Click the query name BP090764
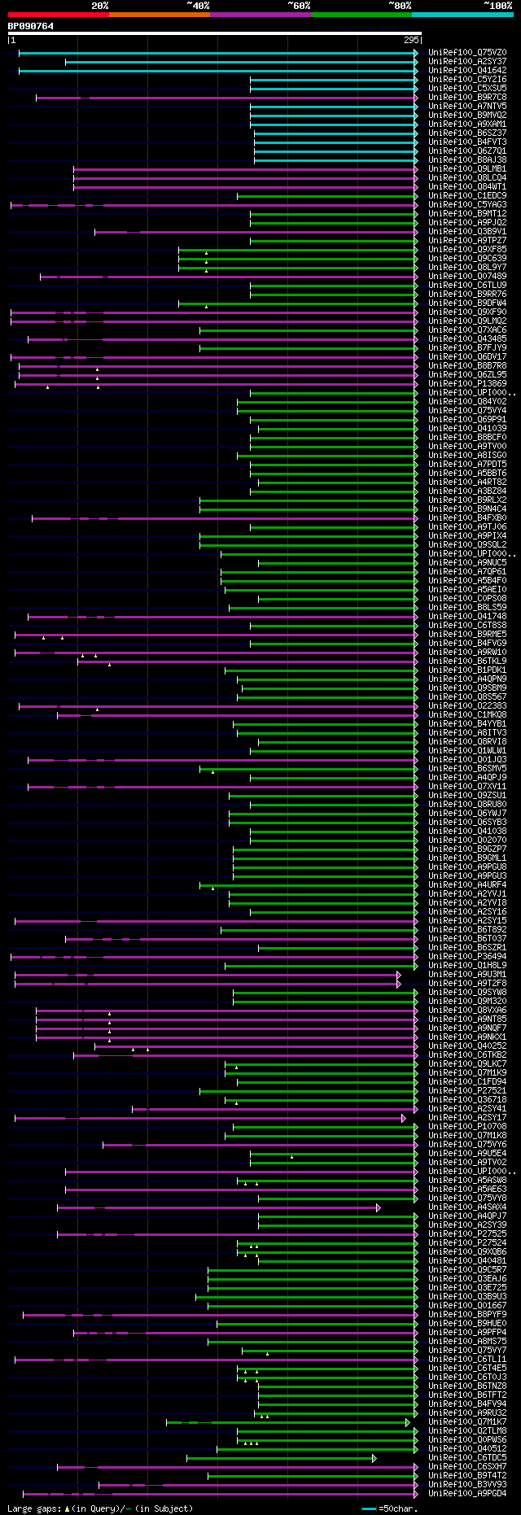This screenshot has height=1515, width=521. pos(31,26)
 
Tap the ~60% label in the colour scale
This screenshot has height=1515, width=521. pos(299,6)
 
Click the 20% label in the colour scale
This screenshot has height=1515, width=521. pos(99,6)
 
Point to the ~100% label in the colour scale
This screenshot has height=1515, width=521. pos(497,6)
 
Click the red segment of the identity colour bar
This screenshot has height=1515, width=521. pos(58,15)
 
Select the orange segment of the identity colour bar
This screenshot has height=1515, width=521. pos(159,15)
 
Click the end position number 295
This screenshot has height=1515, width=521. pos(411,40)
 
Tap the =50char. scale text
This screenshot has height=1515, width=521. pos(398,1508)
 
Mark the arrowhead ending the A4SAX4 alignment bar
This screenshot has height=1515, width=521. pos(378,1207)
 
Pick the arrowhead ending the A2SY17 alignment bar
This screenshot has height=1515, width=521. pos(403,1118)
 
